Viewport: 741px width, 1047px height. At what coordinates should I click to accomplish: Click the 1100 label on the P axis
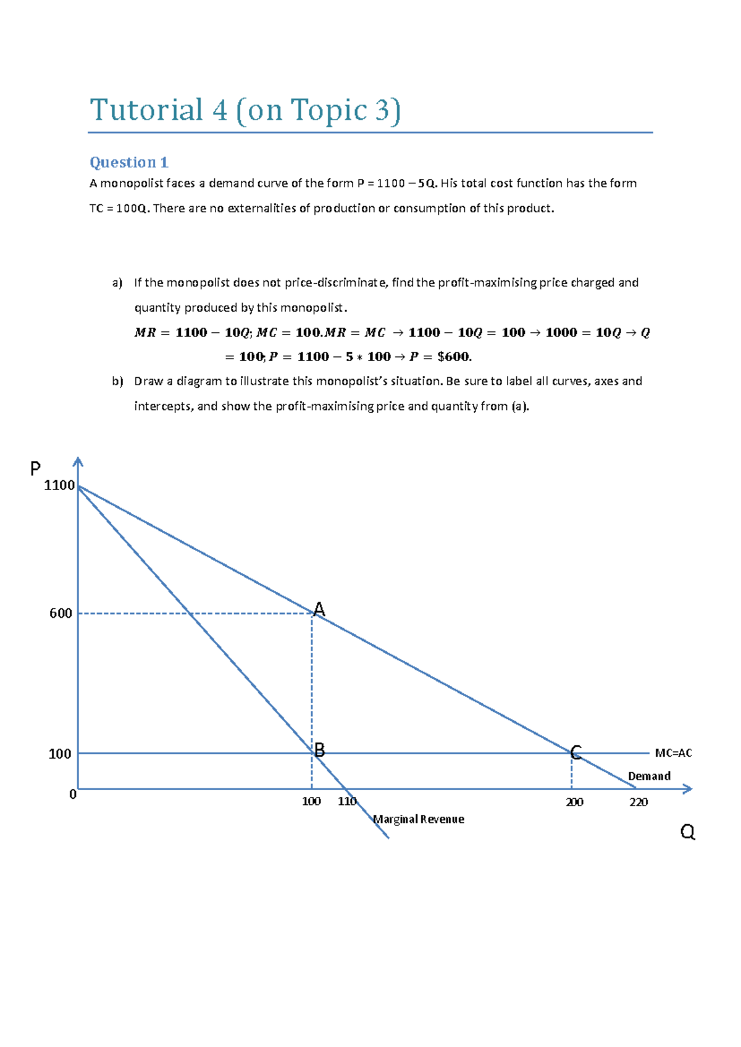[x=59, y=485]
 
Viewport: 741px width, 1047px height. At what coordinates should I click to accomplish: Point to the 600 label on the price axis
[x=61, y=613]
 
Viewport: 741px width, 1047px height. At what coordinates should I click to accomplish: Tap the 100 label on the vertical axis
[x=60, y=754]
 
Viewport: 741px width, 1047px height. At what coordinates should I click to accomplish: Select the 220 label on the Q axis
[x=638, y=802]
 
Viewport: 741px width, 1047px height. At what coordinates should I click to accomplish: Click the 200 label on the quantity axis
[x=574, y=802]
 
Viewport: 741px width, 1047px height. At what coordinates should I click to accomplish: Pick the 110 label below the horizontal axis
[x=347, y=801]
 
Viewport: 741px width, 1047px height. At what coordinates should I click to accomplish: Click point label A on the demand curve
[x=319, y=609]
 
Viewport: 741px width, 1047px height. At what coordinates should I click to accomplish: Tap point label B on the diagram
[x=319, y=750]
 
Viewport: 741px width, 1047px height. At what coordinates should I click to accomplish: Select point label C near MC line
[x=576, y=753]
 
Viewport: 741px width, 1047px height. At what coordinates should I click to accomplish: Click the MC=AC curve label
[x=673, y=753]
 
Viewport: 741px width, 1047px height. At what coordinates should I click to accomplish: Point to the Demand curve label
[x=649, y=776]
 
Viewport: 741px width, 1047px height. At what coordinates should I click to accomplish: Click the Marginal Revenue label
[x=419, y=819]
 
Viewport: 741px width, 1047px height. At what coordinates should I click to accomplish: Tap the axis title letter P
[x=35, y=469]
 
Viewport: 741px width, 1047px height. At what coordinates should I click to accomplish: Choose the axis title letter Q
[x=687, y=832]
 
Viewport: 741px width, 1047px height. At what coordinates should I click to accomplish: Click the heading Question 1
[x=128, y=162]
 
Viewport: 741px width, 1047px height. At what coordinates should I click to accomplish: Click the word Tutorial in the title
[x=146, y=111]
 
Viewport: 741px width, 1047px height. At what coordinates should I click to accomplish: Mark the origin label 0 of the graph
[x=73, y=795]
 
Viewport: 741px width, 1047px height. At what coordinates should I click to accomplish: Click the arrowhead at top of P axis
[x=78, y=461]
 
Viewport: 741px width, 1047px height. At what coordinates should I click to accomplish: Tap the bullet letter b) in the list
[x=117, y=382]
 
